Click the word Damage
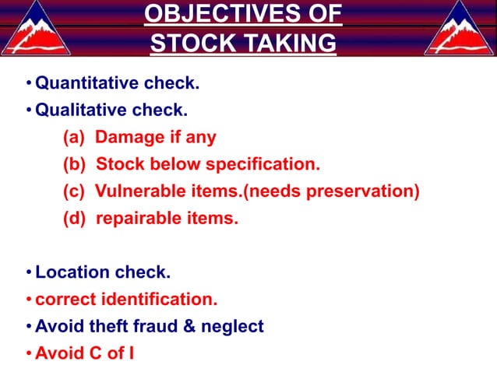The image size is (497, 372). click(131, 138)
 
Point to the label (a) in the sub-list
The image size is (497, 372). click(75, 138)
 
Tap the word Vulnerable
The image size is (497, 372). click(139, 191)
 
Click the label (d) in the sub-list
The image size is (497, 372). click(75, 219)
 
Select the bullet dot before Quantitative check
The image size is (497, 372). click(29, 83)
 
